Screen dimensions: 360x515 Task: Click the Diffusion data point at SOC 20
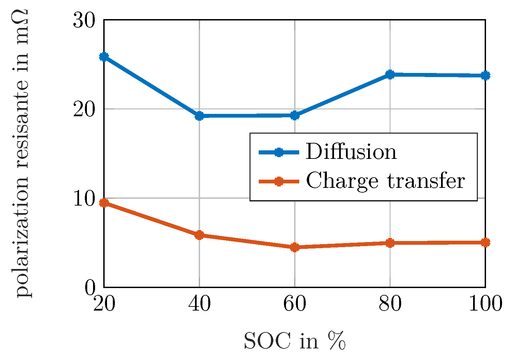(104, 57)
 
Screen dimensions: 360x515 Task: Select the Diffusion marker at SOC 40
(199, 116)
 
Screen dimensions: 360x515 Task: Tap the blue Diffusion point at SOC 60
(295, 116)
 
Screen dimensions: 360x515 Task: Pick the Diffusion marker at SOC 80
(390, 74)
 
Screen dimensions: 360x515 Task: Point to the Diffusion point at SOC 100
(485, 75)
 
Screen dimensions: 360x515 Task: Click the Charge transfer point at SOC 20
(104, 203)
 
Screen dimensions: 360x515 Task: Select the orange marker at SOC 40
(199, 235)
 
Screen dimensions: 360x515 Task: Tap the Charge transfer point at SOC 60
(295, 247)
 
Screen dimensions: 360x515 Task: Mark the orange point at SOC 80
(390, 243)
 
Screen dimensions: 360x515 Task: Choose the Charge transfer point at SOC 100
(485, 242)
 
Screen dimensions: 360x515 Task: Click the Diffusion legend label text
(351, 152)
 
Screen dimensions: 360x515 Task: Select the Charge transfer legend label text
(385, 181)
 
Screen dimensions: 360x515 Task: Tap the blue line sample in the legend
(279, 152)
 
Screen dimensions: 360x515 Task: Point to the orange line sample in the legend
(279, 181)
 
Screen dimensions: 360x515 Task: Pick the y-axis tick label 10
(84, 199)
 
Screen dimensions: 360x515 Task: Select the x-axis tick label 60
(295, 304)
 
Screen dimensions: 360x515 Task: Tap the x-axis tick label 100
(485, 304)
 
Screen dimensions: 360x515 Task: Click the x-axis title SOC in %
(295, 341)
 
